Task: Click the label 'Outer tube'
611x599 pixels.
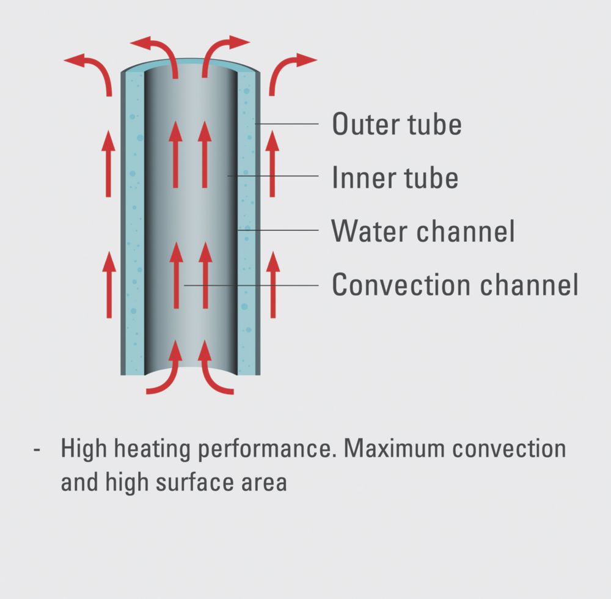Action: [397, 124]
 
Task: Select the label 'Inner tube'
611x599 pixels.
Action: [395, 177]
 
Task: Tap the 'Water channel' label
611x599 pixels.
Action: [423, 230]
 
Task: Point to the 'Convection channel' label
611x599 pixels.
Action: [455, 284]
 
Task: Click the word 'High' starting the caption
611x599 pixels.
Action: [84, 449]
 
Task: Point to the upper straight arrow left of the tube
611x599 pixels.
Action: [108, 164]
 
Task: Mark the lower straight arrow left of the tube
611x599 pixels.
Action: [109, 284]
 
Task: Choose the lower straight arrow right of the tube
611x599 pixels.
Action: [273, 284]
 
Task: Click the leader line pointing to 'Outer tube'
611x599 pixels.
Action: [287, 124]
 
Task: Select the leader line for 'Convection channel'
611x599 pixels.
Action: [251, 285]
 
